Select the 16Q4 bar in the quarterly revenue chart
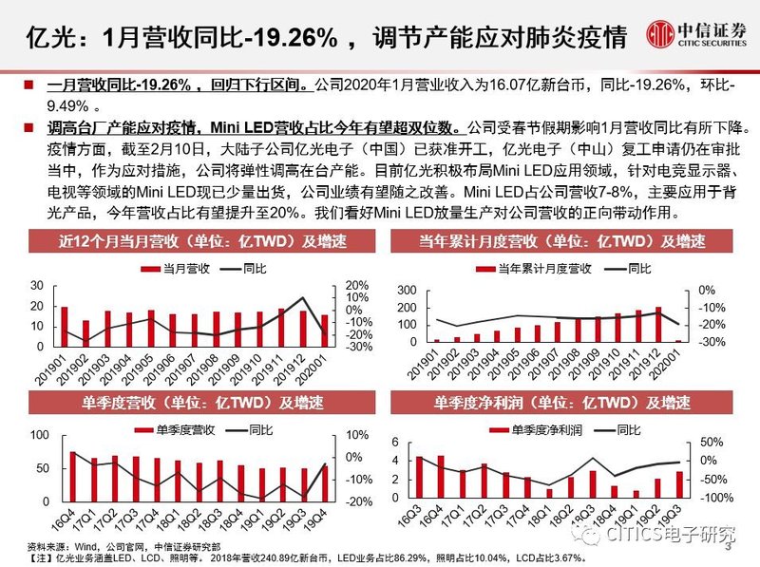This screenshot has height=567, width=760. click(72, 476)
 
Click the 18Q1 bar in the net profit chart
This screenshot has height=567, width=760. click(549, 492)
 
